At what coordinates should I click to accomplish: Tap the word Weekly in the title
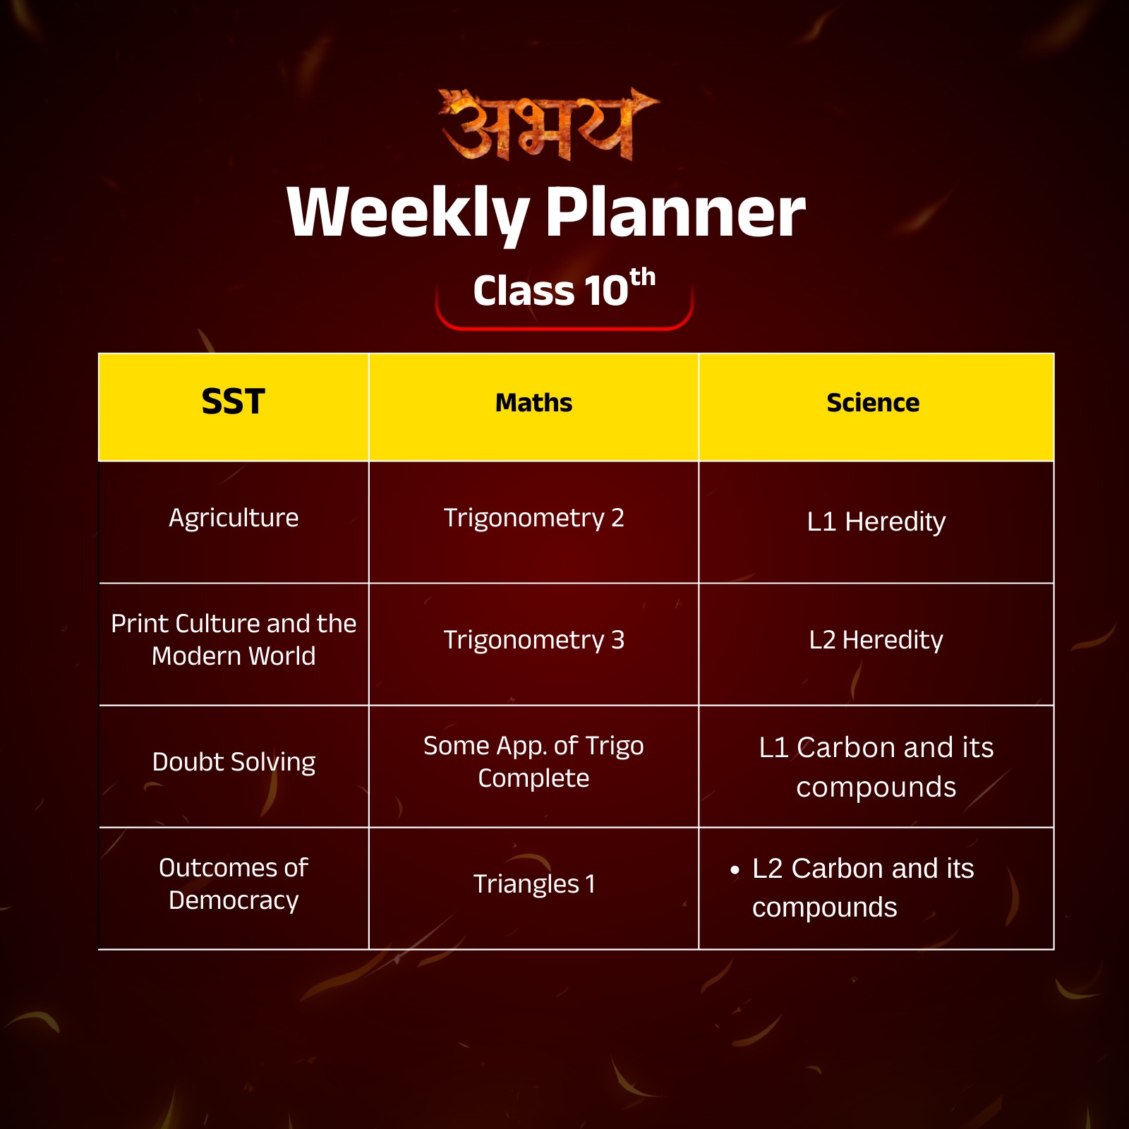coord(408,212)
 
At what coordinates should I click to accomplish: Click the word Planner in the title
coord(675,212)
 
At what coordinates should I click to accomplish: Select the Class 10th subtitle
coord(563,289)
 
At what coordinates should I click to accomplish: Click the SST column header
coord(233,402)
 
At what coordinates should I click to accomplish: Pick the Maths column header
coord(533,403)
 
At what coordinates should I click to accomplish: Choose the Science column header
coord(873,403)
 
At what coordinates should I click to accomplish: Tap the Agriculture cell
coord(234,518)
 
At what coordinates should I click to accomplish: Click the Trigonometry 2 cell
coord(533,518)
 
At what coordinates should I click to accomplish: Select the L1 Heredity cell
coord(876,522)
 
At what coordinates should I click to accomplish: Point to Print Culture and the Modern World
coord(234,639)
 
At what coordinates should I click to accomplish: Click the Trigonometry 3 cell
coord(533,640)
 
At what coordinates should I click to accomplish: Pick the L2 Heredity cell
coord(876,640)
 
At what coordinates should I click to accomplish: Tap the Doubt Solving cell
coord(234,762)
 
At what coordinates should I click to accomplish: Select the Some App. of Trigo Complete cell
coord(533,762)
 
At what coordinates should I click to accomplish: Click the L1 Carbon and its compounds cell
coord(876,767)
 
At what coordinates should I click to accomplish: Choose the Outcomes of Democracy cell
coord(234,884)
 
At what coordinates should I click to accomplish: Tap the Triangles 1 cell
coord(533,884)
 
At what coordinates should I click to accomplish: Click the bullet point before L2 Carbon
coord(735,871)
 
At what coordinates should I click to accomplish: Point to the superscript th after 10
coord(643,277)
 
